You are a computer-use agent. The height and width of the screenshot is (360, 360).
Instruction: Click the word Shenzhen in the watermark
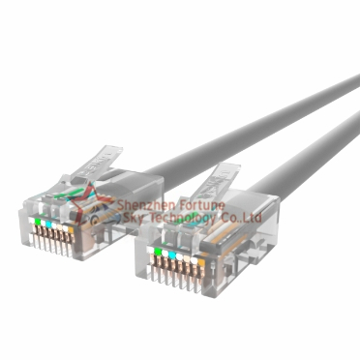[141, 206]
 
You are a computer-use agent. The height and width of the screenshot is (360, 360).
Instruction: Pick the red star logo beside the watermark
[100, 212]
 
